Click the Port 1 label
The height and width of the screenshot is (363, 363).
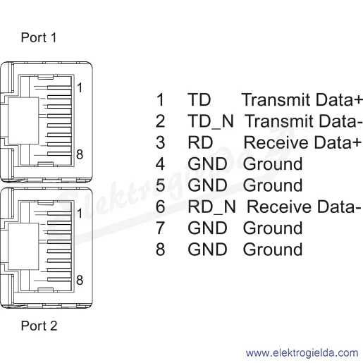39,37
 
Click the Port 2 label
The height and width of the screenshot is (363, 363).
39,326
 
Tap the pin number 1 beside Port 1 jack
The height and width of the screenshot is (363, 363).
80,87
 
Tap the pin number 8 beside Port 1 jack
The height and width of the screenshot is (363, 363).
80,154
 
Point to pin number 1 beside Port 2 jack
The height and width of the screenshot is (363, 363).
80,214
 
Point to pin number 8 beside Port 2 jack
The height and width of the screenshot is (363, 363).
80,280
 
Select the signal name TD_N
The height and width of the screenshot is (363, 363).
211,121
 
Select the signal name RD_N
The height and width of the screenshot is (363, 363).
211,207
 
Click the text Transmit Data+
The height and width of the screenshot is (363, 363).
302,99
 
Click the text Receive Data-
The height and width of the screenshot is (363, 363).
304,207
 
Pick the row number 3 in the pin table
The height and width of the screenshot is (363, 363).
160,142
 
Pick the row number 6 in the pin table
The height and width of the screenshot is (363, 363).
160,207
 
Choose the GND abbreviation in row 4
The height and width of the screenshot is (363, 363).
207,164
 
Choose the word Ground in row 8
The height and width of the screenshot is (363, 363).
273,250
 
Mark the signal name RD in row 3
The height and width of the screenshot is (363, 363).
200,142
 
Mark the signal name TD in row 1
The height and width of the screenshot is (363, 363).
199,99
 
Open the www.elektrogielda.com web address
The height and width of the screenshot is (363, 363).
302,353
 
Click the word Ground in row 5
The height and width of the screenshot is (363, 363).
273,185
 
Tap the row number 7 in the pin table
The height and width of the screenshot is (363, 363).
160,228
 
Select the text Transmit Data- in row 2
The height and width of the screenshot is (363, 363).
302,121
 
